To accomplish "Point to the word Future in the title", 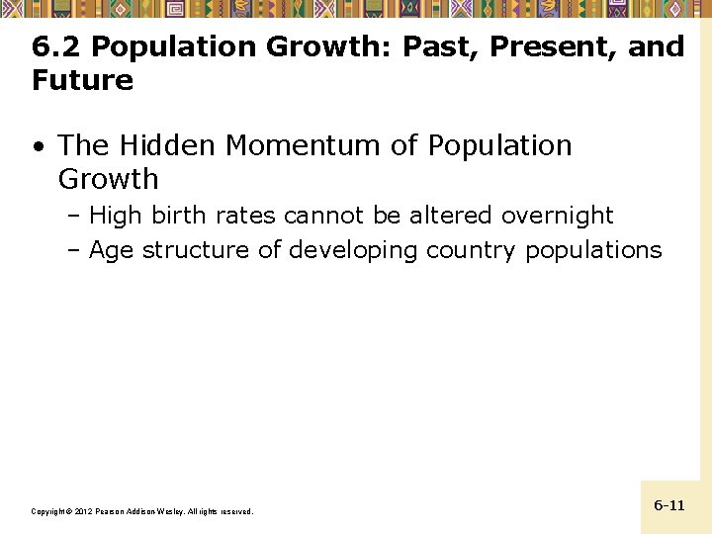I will click(82, 80).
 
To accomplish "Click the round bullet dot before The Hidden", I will click(38, 147).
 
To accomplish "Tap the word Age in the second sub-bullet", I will click(112, 250).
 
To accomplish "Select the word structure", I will click(197, 250).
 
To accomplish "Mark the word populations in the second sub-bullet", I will click(593, 250).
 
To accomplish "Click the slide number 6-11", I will click(669, 505).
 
